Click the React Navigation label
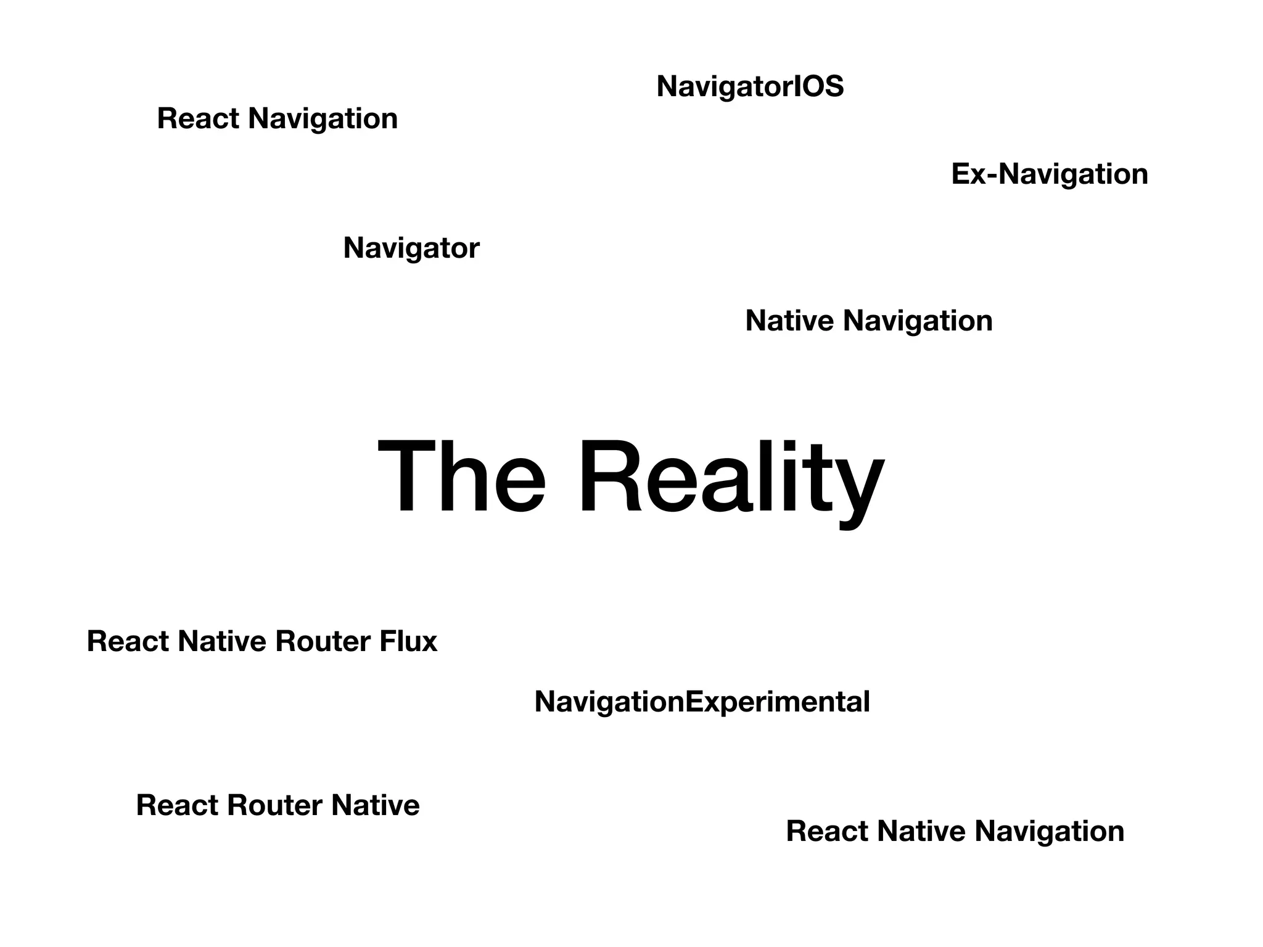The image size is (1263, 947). coord(278,119)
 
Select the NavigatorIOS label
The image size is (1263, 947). coord(750,86)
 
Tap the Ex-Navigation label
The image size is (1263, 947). coord(1050,174)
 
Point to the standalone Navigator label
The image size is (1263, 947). coord(411,248)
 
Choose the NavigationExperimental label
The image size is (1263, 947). coord(702,702)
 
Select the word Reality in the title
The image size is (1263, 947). coord(731,478)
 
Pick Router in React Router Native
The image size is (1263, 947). coord(274,806)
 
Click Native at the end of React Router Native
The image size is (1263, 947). coord(375,806)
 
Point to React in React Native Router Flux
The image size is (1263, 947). coord(127,642)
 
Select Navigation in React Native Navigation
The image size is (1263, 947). coord(1049,832)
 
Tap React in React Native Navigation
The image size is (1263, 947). coord(826,832)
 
